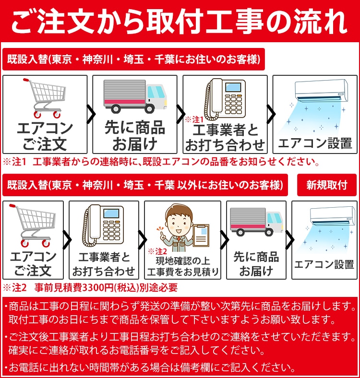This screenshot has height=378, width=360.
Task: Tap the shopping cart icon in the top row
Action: point(45,98)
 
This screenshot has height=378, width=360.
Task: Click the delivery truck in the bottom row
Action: point(256,224)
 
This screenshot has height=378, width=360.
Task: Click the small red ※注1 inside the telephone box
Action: point(194,118)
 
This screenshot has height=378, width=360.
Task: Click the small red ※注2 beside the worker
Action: point(157,251)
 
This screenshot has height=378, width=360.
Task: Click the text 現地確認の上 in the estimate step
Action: point(183,261)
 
